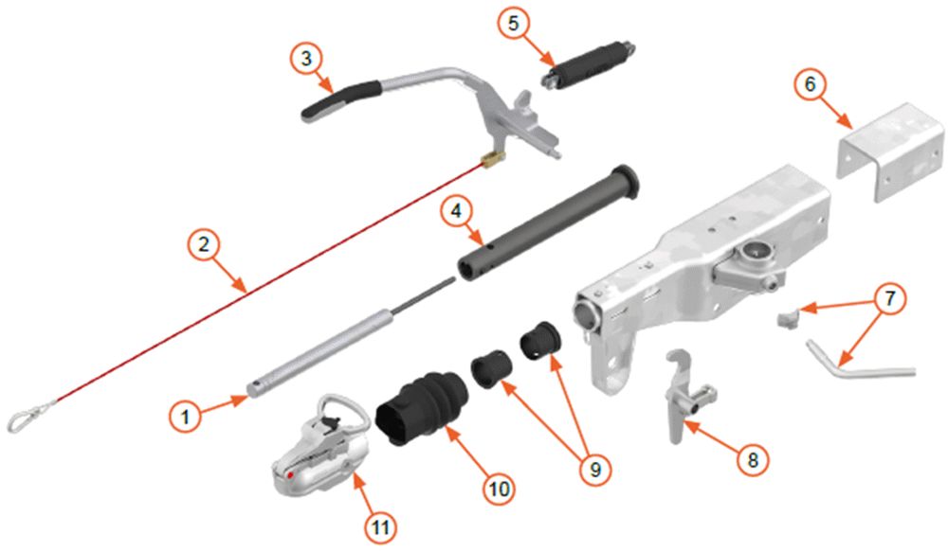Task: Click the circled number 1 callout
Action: tap(185, 416)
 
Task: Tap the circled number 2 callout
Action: tap(204, 244)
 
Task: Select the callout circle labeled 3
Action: tap(306, 59)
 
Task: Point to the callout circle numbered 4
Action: tap(456, 211)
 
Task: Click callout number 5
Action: tap(513, 25)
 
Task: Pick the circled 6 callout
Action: tap(811, 84)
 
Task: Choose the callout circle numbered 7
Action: tap(889, 299)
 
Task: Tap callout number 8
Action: tap(752, 459)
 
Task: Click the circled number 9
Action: tap(595, 468)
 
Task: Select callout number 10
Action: tap(499, 488)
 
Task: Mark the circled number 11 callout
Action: tap(380, 527)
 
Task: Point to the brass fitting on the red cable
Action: tap(493, 161)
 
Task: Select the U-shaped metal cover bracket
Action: tap(890, 151)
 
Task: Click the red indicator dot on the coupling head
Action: tap(291, 474)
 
